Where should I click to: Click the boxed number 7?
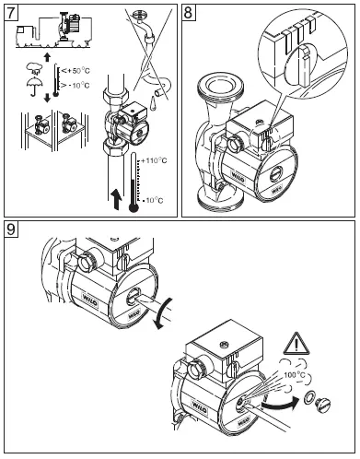(x=14, y=14)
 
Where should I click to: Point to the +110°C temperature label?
(x=154, y=161)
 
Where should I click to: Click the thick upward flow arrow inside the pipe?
(x=114, y=197)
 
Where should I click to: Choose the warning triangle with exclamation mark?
(x=298, y=346)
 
